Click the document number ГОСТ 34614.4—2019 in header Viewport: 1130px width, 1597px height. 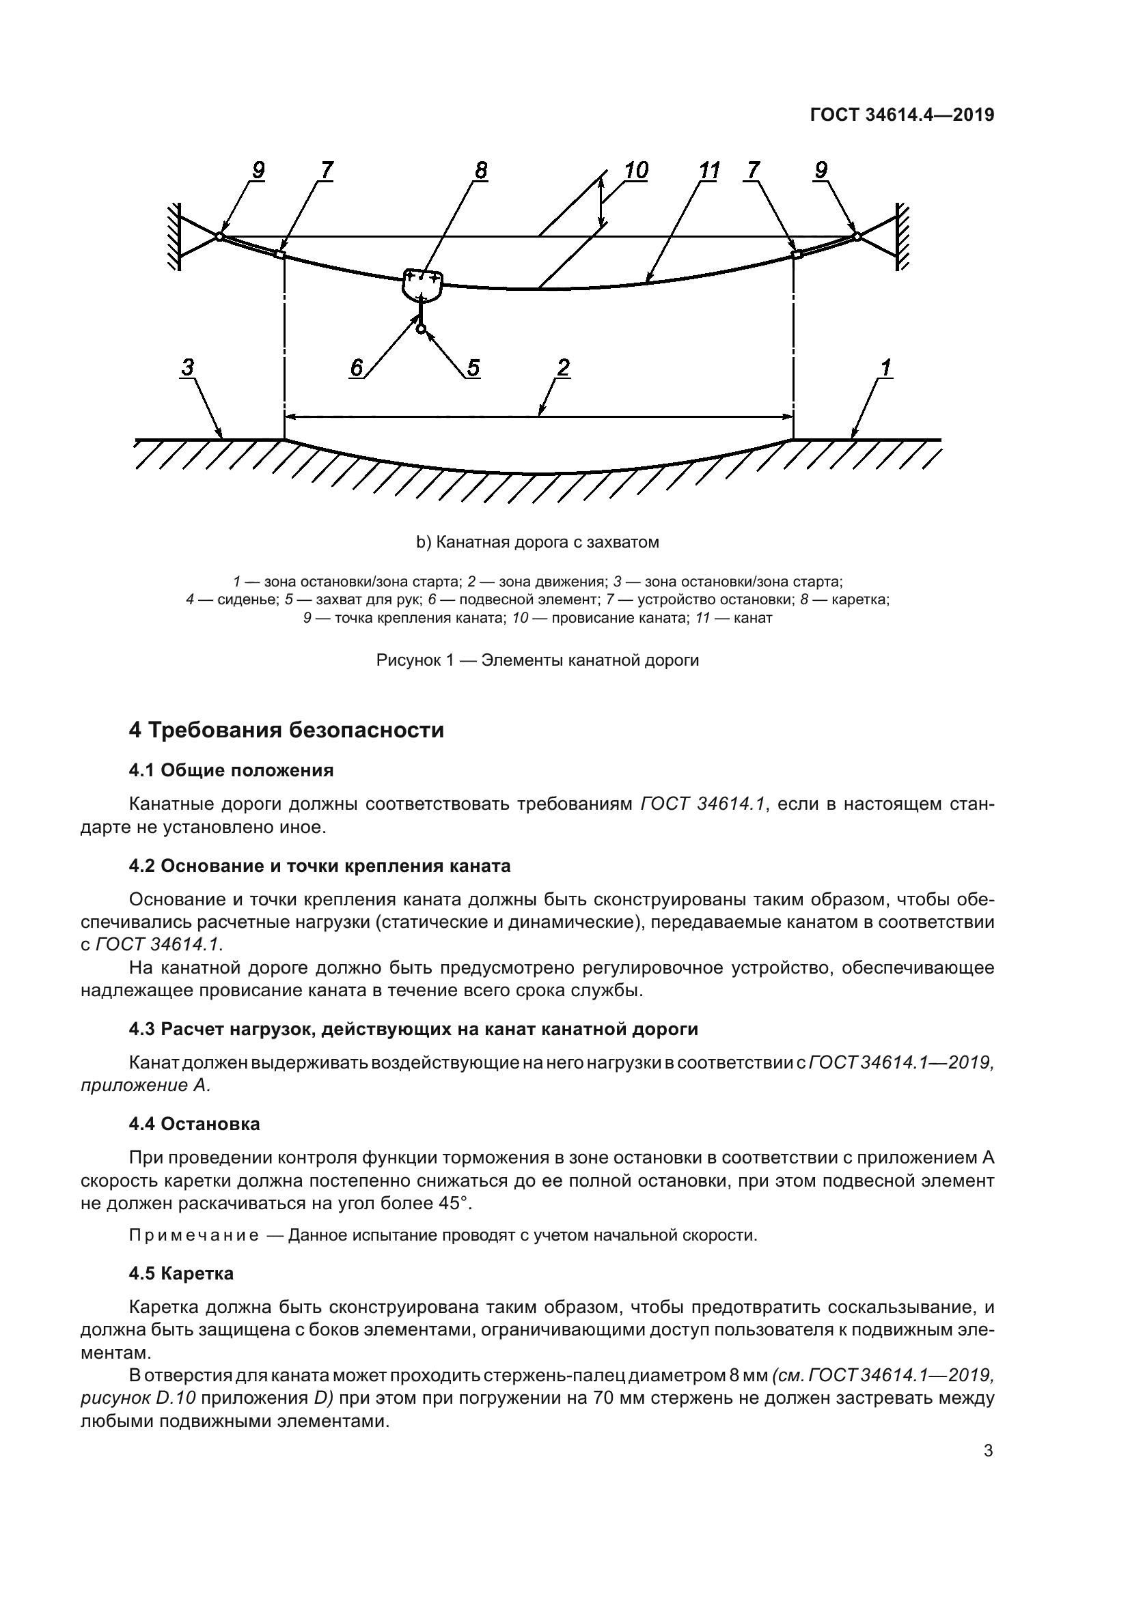pos(902,115)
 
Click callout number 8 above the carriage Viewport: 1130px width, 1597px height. pos(481,171)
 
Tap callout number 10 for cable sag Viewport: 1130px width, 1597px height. pos(636,171)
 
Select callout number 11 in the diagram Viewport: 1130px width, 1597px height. pos(708,171)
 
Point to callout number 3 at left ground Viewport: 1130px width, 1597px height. pos(188,368)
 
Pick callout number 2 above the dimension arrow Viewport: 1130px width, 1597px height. pos(564,368)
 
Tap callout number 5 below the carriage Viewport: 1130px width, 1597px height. pos(473,368)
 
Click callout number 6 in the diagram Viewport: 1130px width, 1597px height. pos(356,368)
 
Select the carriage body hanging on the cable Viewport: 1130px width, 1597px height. pos(422,285)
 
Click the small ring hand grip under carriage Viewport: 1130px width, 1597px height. pos(421,328)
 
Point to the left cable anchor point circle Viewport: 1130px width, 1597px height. pos(219,236)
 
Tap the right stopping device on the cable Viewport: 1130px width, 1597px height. pos(797,255)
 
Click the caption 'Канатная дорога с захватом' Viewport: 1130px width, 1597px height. pos(537,543)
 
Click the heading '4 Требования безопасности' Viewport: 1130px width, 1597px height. pos(286,731)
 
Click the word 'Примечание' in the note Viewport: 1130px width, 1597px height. pos(194,1235)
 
